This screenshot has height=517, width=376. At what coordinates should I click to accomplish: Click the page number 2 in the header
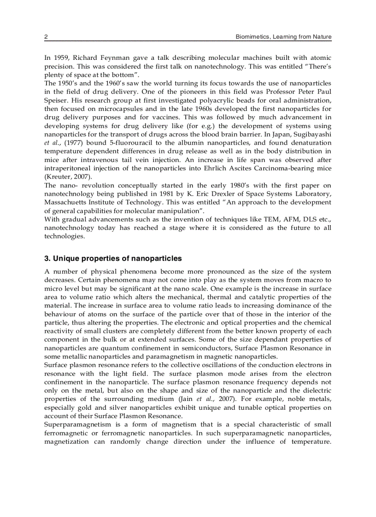pyautogui.click(x=46, y=37)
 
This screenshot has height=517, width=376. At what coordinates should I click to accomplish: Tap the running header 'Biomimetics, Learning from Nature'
pyautogui.click(x=283, y=37)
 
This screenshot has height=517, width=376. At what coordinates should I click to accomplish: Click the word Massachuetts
pyautogui.click(x=65, y=202)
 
